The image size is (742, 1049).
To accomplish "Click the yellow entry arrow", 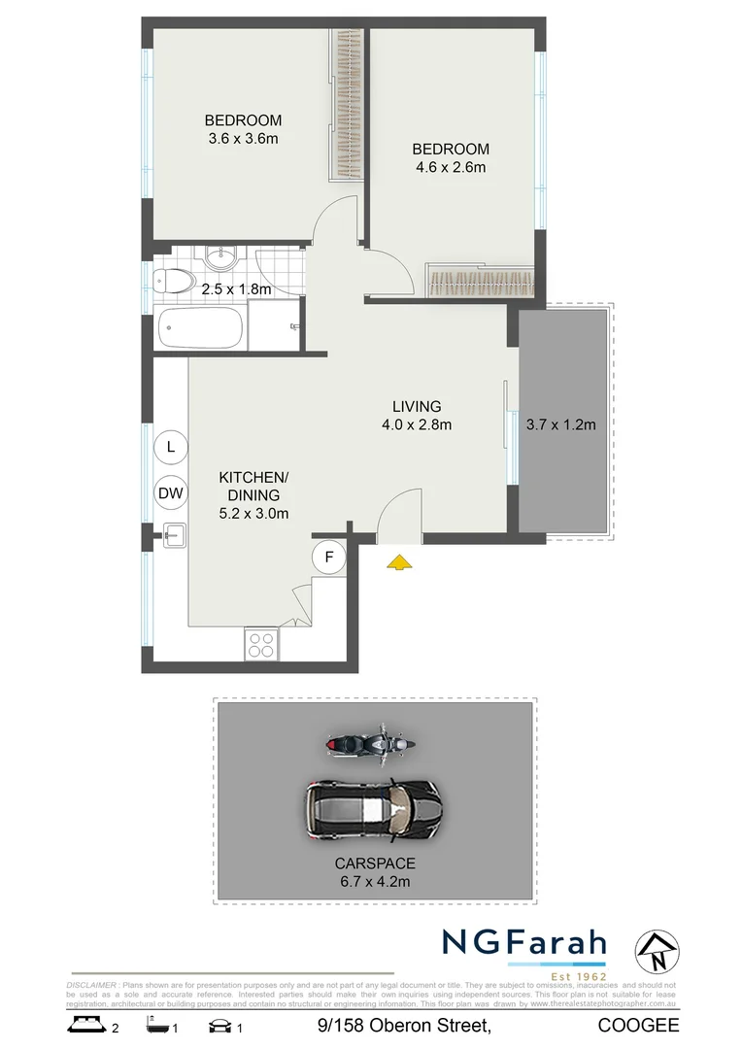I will coord(398,560).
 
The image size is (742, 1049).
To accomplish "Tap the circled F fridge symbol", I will coord(329,557).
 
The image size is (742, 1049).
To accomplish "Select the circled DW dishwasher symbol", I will coord(171,493).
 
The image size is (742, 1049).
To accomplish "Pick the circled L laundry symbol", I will coord(171,447).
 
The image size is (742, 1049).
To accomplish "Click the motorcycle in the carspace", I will coord(370,743).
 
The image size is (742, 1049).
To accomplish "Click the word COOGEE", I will coord(638,1025).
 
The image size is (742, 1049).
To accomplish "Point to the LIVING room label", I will coord(417,406).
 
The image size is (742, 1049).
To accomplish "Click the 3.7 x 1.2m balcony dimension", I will coord(560,423).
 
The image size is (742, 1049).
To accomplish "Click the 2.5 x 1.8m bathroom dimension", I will coord(235,288).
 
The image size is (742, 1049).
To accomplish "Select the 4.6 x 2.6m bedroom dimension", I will coord(449,166).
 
